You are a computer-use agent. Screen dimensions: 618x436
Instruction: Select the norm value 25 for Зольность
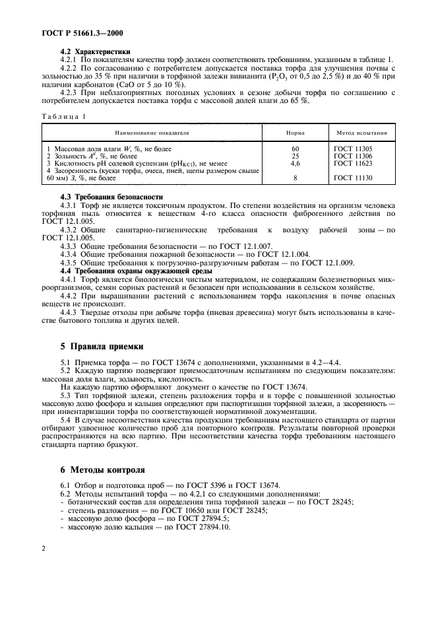(295, 156)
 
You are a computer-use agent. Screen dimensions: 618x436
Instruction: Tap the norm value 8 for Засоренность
(295, 178)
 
